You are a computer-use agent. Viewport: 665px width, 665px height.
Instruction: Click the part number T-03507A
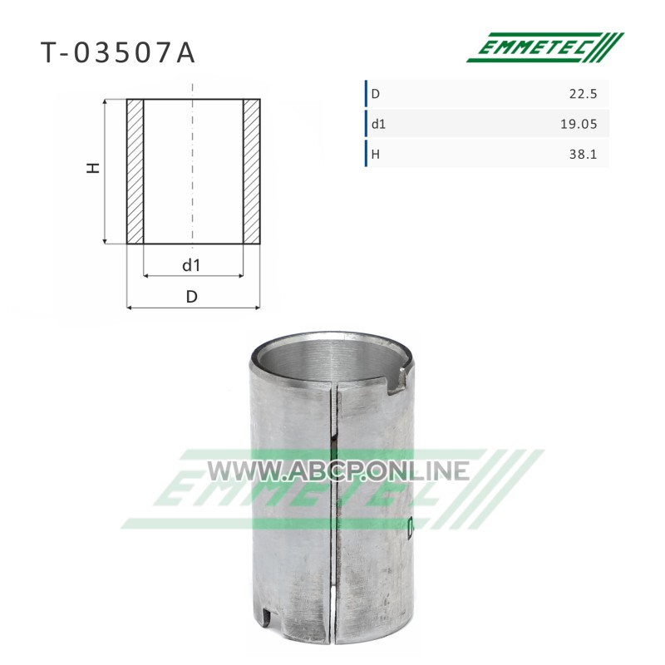tap(118, 53)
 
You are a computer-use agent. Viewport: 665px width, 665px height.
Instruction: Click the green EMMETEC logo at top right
tap(545, 47)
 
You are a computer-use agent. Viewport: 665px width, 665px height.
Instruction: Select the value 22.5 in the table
tap(583, 94)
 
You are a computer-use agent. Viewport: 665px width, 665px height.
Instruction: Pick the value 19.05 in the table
tap(579, 124)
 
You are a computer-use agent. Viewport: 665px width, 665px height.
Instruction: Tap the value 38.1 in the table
tap(583, 154)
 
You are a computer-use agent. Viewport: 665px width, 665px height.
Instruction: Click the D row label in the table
tap(376, 94)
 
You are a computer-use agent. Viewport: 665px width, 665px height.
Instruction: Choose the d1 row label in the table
tap(378, 124)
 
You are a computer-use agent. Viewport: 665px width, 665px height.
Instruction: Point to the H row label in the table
tap(376, 154)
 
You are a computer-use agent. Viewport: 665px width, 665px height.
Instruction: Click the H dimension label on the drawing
tap(93, 168)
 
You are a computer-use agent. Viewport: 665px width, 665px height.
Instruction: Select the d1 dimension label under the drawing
tap(191, 265)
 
